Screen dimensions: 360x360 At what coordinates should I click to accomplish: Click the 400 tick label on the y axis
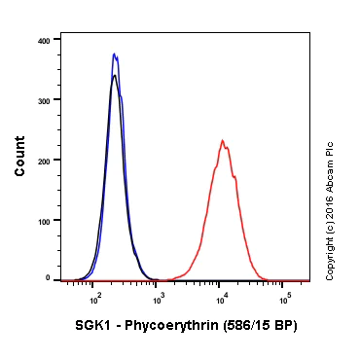click(44, 41)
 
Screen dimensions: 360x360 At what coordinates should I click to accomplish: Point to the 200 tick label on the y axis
click(44, 161)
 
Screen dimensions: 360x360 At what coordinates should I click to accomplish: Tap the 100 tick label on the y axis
click(44, 220)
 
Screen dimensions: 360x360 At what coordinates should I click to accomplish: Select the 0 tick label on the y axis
click(47, 279)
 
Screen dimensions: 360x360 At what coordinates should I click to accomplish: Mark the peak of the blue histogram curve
click(114, 54)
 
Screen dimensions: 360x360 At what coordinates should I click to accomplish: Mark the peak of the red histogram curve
click(222, 140)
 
